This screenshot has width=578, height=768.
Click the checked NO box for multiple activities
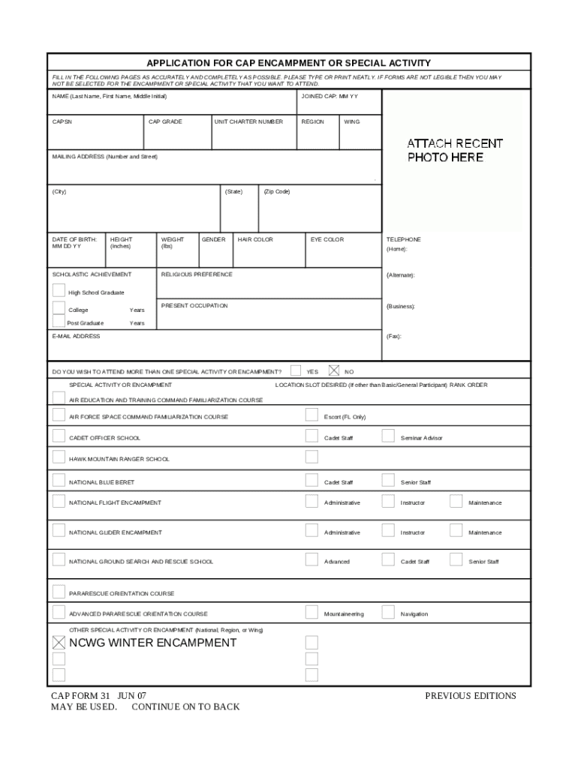tap(334, 370)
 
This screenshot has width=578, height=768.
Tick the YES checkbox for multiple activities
tap(296, 370)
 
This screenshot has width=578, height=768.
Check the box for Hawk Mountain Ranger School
tap(59, 457)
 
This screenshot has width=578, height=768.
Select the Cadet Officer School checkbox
tap(59, 436)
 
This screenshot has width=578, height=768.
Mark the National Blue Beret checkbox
tap(59, 481)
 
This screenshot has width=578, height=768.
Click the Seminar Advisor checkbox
tap(388, 436)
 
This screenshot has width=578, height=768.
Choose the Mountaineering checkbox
tap(312, 613)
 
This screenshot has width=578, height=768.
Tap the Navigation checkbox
tap(388, 613)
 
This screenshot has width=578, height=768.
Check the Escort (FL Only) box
tap(312, 415)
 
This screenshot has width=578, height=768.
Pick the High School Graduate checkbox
tap(59, 291)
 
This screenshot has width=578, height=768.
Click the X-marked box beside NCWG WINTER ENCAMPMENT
tap(59, 643)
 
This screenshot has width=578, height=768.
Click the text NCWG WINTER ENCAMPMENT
tap(152, 643)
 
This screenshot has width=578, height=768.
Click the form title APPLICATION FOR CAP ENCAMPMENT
tap(288, 63)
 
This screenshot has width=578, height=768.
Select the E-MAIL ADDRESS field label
tap(76, 337)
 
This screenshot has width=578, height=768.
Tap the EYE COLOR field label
tap(327, 240)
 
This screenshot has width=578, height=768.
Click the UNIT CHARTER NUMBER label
tap(249, 121)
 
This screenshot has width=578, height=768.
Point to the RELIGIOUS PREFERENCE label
tap(197, 274)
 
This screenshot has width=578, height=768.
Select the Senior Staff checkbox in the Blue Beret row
tap(388, 481)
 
